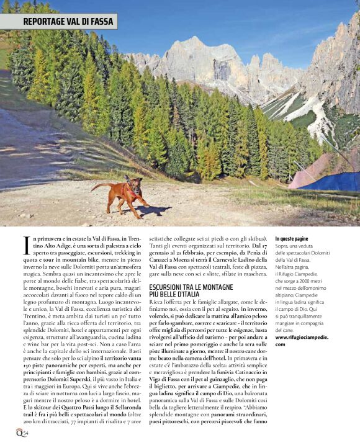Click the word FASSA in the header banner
[x=101, y=21]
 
